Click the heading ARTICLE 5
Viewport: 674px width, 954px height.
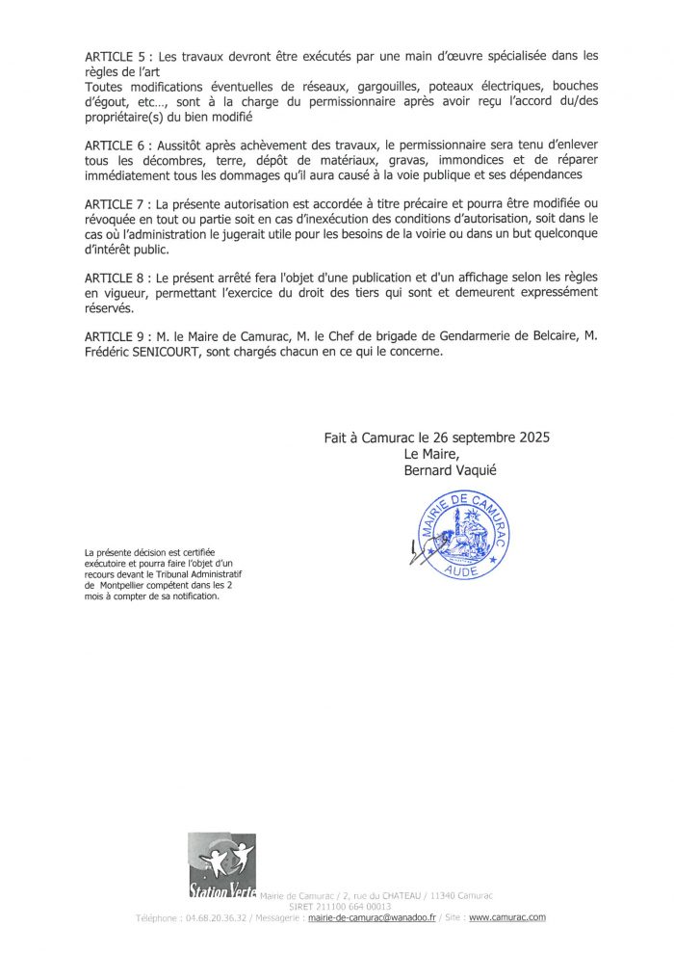coord(114,56)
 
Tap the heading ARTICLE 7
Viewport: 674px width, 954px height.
coord(114,205)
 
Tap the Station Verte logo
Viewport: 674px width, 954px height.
coord(221,865)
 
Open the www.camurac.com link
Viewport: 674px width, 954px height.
coord(507,918)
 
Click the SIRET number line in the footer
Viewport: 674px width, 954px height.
coord(341,907)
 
